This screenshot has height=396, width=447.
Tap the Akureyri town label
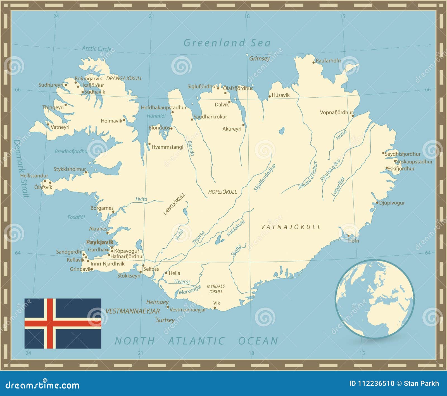tap(232, 129)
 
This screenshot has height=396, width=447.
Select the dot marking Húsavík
tap(270, 97)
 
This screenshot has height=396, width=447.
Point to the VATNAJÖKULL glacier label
tap(291, 227)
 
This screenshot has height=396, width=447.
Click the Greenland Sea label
tap(227, 43)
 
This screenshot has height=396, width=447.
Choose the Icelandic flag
tap(63, 323)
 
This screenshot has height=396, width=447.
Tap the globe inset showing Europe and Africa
tap(375, 299)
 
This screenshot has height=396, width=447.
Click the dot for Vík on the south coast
tap(215, 308)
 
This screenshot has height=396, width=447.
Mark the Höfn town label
tap(353, 241)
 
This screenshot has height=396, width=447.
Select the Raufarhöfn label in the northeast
tap(328, 61)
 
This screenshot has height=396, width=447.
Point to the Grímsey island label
tap(260, 59)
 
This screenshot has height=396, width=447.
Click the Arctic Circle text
tap(97, 49)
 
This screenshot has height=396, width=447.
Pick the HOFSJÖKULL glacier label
tap(222, 192)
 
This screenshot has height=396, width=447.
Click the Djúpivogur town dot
tap(377, 203)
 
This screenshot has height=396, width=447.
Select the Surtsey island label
tap(165, 320)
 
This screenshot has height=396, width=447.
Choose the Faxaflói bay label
tap(76, 217)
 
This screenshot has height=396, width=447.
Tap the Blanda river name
tap(191, 148)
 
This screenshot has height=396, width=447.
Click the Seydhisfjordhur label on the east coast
tap(403, 154)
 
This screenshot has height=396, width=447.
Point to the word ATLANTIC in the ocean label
tap(196, 341)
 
